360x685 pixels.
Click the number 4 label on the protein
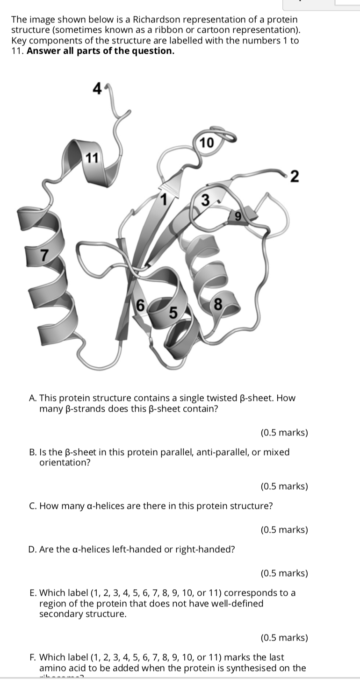tap(97, 88)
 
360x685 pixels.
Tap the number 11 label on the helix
tap(92, 158)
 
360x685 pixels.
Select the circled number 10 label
tap(206, 143)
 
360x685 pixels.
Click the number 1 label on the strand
tap(164, 200)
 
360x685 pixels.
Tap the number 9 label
tap(238, 216)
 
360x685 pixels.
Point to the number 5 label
tap(173, 312)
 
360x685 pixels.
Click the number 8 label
tap(217, 306)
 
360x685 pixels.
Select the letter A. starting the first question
tap(33, 398)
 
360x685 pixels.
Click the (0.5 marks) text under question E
tap(284, 637)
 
